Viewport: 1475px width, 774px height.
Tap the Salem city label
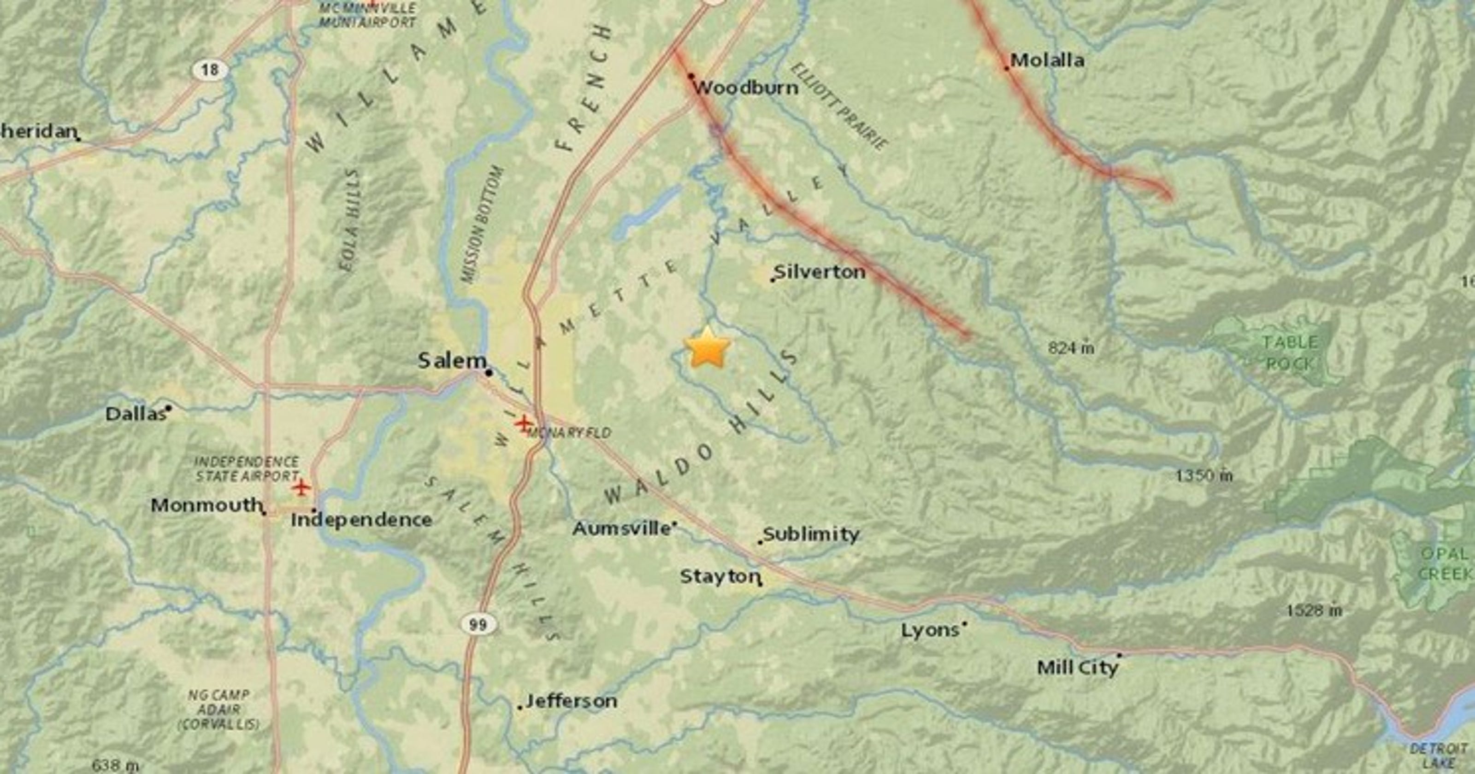(x=452, y=361)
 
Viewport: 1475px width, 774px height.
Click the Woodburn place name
(x=745, y=88)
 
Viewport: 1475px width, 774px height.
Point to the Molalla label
(x=1047, y=60)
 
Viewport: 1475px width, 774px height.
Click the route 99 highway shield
(x=478, y=624)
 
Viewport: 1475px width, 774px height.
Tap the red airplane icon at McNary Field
(x=522, y=423)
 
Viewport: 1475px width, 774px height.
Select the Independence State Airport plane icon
(x=301, y=488)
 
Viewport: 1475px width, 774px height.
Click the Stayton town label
(x=720, y=576)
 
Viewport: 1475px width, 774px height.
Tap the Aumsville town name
(x=621, y=528)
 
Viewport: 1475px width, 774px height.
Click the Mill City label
(x=1077, y=668)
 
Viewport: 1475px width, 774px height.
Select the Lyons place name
(x=930, y=630)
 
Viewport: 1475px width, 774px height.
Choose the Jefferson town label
(x=571, y=701)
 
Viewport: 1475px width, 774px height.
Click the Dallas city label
(x=135, y=414)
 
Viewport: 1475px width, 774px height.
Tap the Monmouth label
(x=206, y=505)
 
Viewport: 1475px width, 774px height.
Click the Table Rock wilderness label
(x=1290, y=352)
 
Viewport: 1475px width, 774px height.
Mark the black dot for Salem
(x=489, y=373)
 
